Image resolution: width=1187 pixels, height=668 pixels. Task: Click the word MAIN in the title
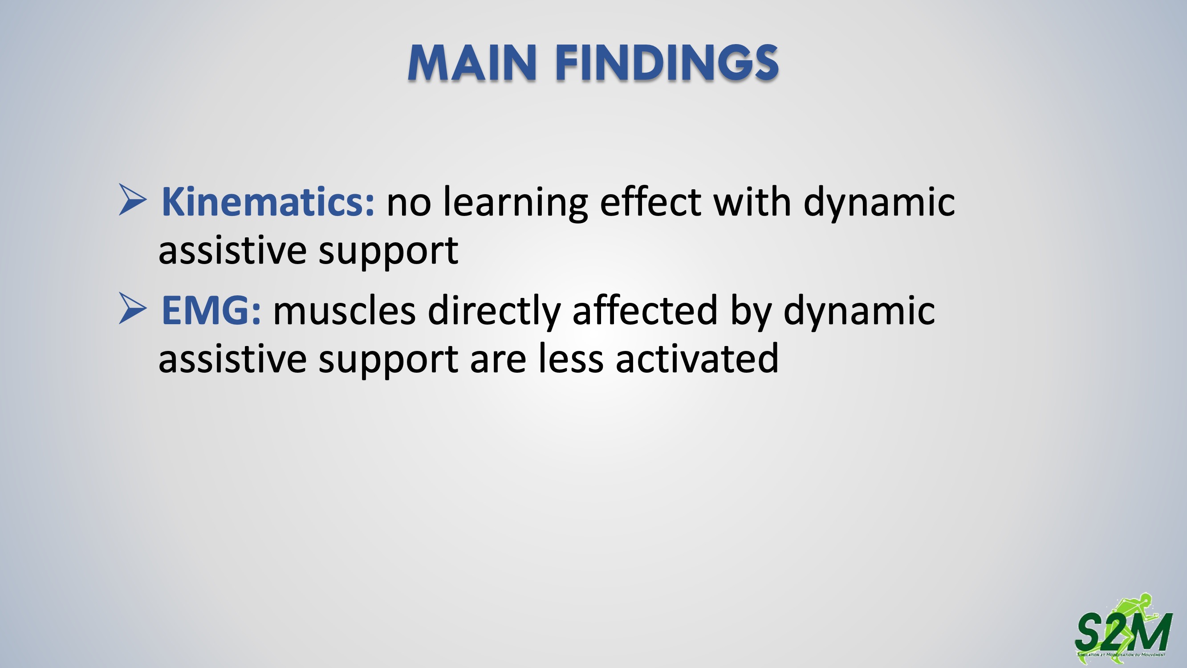pyautogui.click(x=472, y=63)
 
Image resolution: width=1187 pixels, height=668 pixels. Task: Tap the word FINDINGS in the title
pyautogui.click(x=667, y=63)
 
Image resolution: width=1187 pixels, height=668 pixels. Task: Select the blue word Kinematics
pyautogui.click(x=268, y=202)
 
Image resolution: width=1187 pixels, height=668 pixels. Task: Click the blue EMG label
pyautogui.click(x=211, y=310)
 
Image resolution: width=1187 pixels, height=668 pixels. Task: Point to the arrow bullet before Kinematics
pyautogui.click(x=133, y=200)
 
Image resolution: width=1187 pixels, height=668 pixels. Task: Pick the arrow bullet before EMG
pyautogui.click(x=133, y=308)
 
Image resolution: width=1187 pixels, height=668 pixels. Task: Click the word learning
pyautogui.click(x=515, y=204)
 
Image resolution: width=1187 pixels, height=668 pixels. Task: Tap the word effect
pyautogui.click(x=650, y=201)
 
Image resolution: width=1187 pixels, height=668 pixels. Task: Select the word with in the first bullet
pyautogui.click(x=752, y=201)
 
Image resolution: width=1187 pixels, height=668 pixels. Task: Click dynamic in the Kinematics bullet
pyautogui.click(x=879, y=204)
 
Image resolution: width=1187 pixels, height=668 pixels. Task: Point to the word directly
pyautogui.click(x=494, y=312)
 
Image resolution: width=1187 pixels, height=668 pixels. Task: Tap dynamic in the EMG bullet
pyautogui.click(x=859, y=312)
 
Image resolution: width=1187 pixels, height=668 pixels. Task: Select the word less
pyautogui.click(x=571, y=358)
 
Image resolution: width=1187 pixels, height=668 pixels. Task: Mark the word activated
pyautogui.click(x=697, y=358)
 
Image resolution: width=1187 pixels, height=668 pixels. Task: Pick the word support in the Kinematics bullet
pyautogui.click(x=388, y=252)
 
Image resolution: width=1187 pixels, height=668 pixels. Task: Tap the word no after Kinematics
pyautogui.click(x=409, y=206)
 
